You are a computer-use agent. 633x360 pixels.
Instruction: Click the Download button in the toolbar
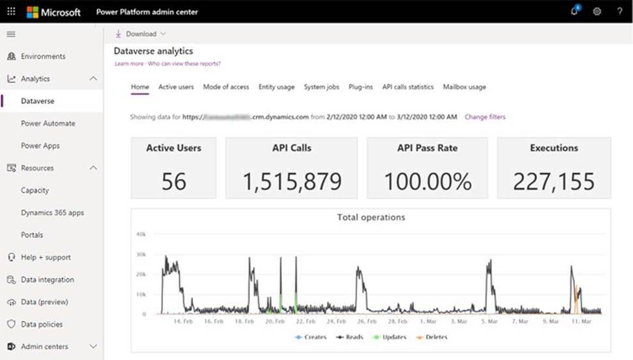(140, 34)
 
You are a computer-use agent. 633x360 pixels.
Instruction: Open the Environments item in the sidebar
(43, 57)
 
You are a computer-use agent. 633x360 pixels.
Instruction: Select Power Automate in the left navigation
(48, 123)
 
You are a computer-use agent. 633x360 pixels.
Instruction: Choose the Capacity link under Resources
(35, 190)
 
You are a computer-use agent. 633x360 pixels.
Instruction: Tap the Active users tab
(176, 87)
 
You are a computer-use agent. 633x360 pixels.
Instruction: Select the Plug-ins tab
(361, 87)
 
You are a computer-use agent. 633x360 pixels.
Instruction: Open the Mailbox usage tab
(464, 87)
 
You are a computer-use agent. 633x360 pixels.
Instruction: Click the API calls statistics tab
(407, 87)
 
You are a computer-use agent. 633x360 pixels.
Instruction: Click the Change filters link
(485, 117)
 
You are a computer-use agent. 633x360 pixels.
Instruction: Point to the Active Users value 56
(174, 182)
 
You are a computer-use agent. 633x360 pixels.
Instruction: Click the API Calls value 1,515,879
(292, 182)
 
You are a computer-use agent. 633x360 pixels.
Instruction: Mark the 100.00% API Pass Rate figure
(428, 182)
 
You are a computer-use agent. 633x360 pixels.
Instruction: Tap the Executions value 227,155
(554, 182)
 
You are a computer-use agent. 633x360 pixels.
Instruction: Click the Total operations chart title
(371, 217)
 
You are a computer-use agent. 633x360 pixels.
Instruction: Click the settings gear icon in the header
(597, 12)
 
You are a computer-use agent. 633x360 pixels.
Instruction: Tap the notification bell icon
(575, 12)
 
